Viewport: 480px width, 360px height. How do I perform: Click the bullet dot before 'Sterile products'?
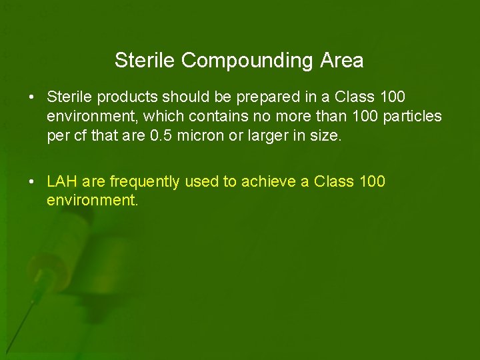click(32, 97)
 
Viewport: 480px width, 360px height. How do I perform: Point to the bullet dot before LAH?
click(32, 182)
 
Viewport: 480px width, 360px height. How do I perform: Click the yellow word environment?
click(91, 200)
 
